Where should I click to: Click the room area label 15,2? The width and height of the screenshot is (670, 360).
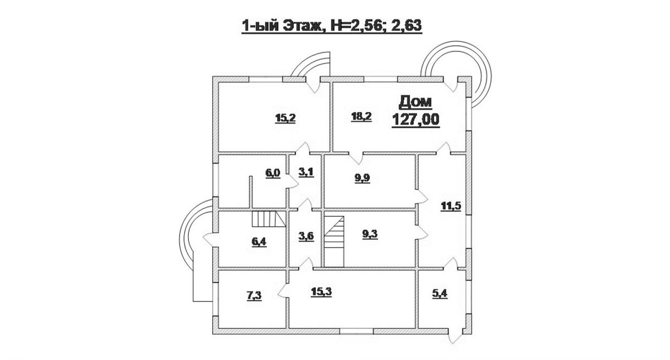point(283,117)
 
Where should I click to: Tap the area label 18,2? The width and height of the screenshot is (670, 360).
point(361,116)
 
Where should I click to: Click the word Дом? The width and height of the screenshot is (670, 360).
point(415,102)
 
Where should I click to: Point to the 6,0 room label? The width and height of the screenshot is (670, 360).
point(272,172)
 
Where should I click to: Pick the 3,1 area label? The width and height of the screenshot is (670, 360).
point(306,172)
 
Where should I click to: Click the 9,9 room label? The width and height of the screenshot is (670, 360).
point(363,179)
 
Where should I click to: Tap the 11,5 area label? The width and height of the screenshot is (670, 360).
point(447,205)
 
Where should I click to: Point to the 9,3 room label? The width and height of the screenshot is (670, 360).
point(370,235)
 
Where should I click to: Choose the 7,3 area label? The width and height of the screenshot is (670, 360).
point(253,296)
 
